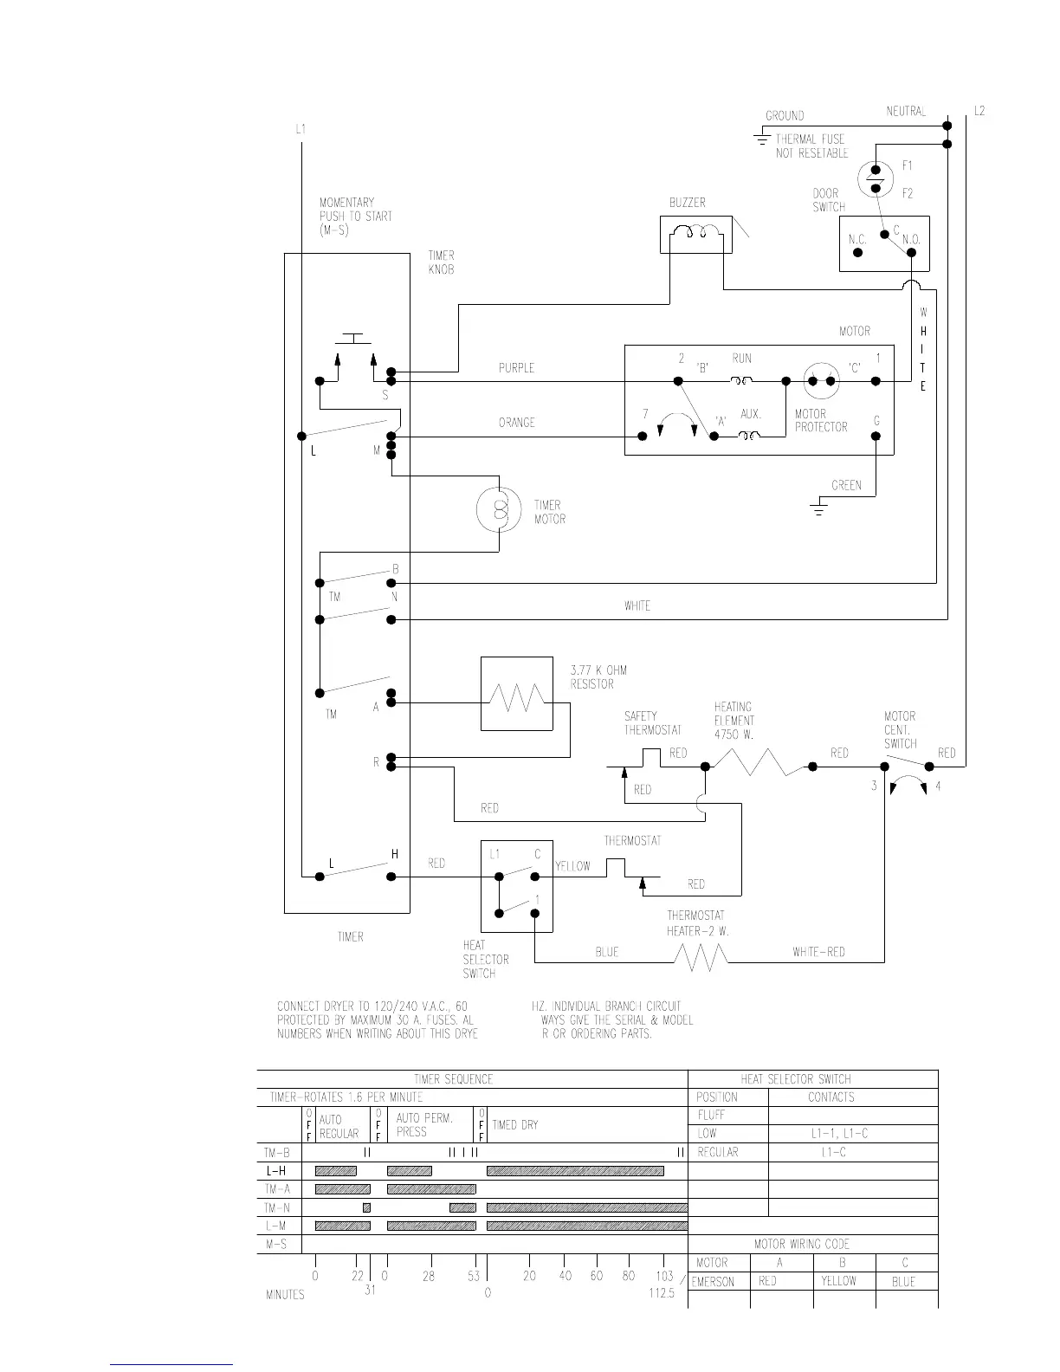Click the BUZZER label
click(x=687, y=203)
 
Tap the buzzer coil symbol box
click(x=695, y=235)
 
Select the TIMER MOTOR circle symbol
click(x=498, y=511)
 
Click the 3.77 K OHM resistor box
click(x=516, y=694)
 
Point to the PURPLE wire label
click(x=516, y=368)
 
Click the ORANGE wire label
click(x=516, y=423)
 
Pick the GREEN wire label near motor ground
click(x=846, y=485)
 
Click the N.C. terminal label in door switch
click(x=857, y=240)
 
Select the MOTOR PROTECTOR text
click(x=820, y=421)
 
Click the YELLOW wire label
click(x=572, y=866)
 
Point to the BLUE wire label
click(x=606, y=952)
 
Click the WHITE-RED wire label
click(x=818, y=952)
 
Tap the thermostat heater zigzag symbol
click(x=701, y=957)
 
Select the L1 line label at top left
click(x=301, y=129)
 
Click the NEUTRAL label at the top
click(x=906, y=112)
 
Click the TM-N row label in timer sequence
click(x=277, y=1207)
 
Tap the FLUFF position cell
click(x=711, y=1116)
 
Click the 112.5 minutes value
click(x=661, y=1294)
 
